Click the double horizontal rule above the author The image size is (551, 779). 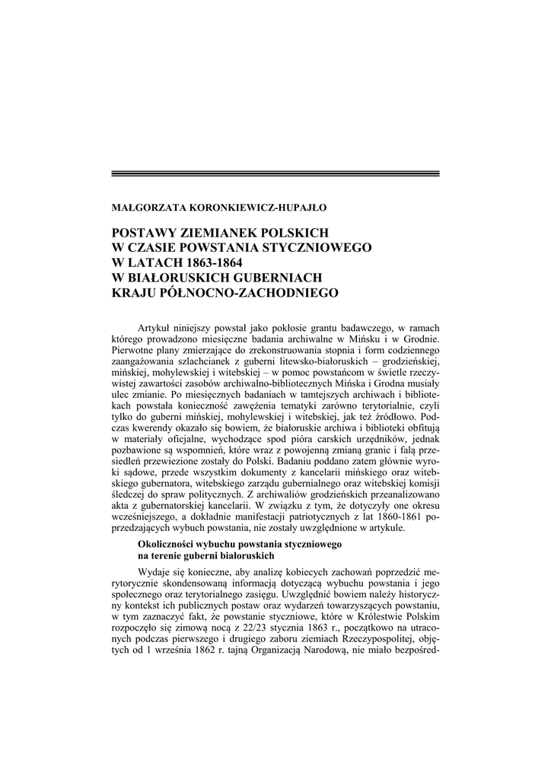275,174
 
